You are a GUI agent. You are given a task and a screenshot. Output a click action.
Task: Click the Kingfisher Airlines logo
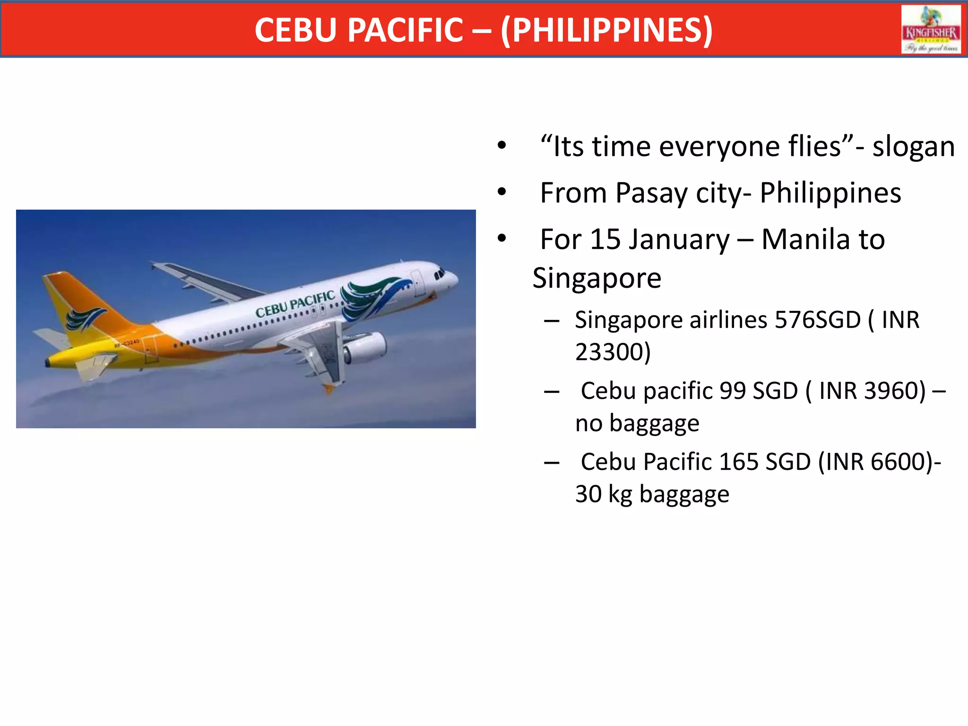[931, 30]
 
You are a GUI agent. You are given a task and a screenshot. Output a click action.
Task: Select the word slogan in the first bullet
[913, 147]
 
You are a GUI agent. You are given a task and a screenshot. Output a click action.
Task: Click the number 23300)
[613, 352]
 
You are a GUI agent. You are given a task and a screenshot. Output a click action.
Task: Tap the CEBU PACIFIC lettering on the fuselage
[295, 304]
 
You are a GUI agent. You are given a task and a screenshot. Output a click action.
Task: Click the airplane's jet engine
[364, 347]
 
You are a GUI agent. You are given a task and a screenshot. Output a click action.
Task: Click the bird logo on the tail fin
[85, 319]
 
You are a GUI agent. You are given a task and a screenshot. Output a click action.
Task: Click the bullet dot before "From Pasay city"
[501, 192]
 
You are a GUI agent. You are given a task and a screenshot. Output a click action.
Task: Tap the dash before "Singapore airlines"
[552, 321]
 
